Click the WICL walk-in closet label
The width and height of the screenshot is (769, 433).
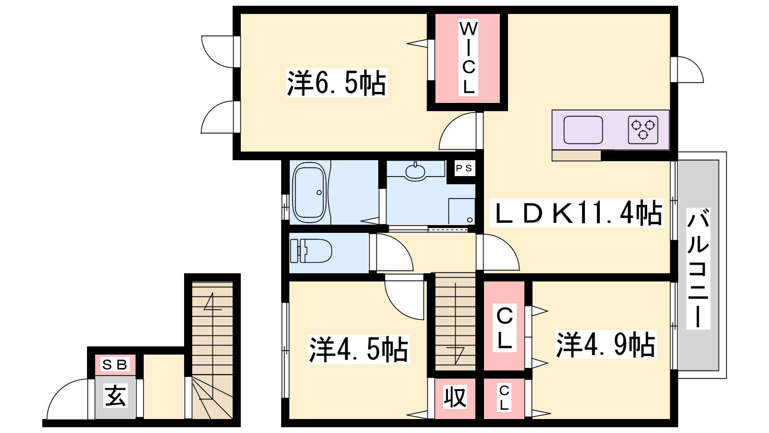(x=468, y=58)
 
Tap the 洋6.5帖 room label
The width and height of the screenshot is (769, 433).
(x=336, y=83)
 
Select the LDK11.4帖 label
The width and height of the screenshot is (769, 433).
(x=577, y=213)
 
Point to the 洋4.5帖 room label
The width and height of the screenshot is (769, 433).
(x=359, y=349)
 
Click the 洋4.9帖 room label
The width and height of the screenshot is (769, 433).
(x=606, y=344)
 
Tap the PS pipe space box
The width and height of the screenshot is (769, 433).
(x=464, y=168)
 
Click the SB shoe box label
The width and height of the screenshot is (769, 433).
(x=115, y=365)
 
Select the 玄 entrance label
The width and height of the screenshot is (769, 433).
(x=115, y=395)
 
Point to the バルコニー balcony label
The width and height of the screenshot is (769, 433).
(x=698, y=268)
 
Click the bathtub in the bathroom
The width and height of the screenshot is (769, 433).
(x=310, y=192)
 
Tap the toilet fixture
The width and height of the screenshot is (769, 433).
(x=310, y=251)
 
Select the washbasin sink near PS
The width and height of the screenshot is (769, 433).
(x=415, y=171)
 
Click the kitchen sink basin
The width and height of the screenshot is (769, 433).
(x=583, y=130)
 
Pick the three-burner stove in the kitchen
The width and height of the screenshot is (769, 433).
(x=643, y=130)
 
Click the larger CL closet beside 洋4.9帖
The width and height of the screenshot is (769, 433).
(x=504, y=326)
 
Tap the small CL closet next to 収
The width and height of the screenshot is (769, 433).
(x=504, y=399)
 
